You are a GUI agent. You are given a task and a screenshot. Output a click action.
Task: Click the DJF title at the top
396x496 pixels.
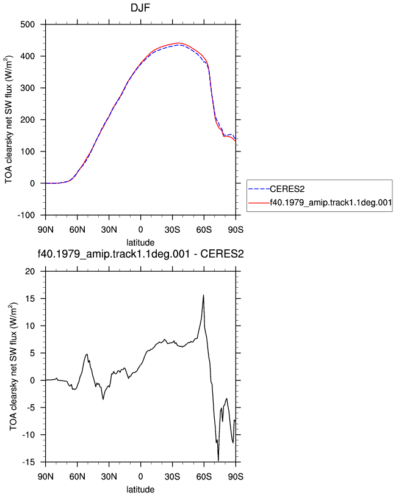point(140,7)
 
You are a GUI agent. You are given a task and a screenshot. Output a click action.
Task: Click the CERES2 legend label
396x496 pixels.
point(287,189)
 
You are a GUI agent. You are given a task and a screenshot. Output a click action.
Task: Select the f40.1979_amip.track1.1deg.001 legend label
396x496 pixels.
point(331,202)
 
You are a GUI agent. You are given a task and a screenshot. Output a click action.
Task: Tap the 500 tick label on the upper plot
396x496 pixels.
point(27,24)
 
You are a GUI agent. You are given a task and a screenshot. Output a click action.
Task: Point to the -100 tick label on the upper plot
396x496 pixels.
point(26,216)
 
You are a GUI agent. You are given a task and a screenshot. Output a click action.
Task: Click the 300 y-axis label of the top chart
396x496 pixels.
point(27,88)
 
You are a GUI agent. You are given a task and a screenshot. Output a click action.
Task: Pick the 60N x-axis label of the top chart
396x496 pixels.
point(77,230)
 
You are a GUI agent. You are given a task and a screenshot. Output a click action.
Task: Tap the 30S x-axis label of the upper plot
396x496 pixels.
point(172,230)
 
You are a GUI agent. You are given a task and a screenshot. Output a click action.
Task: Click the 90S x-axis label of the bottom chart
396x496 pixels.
point(236,476)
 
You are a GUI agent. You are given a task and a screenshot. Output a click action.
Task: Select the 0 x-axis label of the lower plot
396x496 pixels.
point(140,476)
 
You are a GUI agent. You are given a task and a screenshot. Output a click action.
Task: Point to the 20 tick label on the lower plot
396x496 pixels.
point(30,271)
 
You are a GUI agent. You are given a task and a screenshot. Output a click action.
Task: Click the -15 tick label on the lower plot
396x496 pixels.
point(29,462)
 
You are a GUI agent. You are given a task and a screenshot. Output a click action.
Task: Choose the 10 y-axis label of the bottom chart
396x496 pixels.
point(30,326)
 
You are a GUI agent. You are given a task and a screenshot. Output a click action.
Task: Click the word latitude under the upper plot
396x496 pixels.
point(140,243)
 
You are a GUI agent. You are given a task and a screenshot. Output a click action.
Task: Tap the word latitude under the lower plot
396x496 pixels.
point(140,490)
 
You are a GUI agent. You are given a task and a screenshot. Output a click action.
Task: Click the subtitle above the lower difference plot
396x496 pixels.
point(140,254)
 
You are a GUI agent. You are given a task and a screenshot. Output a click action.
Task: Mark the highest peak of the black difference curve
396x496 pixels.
point(204,295)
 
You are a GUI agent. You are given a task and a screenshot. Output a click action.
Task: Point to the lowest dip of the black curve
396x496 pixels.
point(218,461)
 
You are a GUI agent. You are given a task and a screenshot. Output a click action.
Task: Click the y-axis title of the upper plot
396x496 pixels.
point(9,120)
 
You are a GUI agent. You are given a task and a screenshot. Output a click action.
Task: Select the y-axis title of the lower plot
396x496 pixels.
point(13,367)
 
